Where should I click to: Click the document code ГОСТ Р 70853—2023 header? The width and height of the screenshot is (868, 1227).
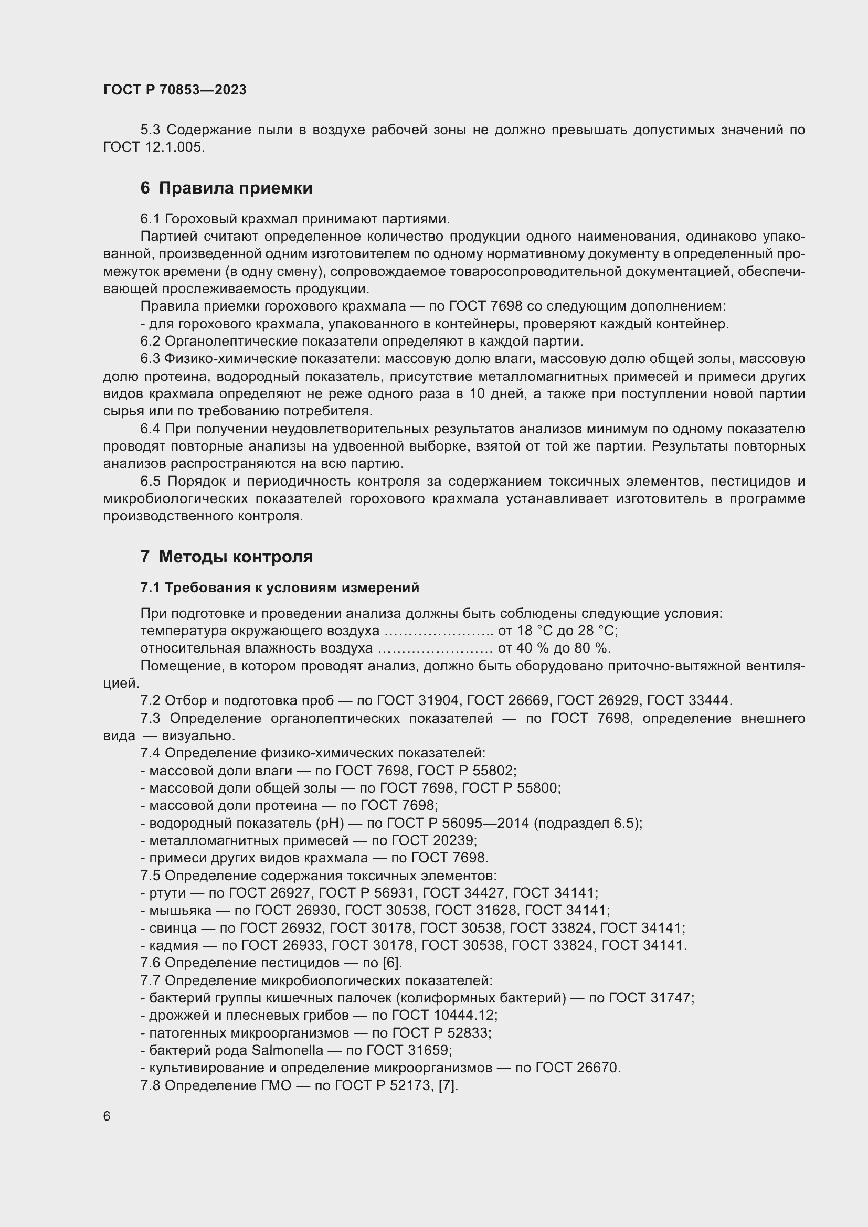[175, 90]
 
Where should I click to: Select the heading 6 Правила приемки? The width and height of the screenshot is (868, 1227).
[226, 188]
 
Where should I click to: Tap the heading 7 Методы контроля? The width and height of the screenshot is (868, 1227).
[226, 557]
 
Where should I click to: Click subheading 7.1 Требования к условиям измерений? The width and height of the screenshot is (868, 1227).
[280, 588]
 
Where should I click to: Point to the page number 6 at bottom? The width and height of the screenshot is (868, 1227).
[107, 1116]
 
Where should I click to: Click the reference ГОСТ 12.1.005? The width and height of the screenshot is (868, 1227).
[154, 147]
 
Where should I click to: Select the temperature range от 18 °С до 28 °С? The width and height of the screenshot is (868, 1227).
[557, 631]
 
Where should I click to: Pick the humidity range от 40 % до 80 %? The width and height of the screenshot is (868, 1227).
[554, 648]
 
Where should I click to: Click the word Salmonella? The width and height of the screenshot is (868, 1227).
[287, 1050]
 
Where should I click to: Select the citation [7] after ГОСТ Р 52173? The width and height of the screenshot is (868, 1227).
[448, 1085]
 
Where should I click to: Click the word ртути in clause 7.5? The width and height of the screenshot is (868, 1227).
[168, 893]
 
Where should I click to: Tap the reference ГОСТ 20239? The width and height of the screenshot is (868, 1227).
[433, 840]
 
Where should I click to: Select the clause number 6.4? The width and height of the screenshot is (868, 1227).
[150, 429]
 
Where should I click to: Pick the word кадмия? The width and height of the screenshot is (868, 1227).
[174, 945]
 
